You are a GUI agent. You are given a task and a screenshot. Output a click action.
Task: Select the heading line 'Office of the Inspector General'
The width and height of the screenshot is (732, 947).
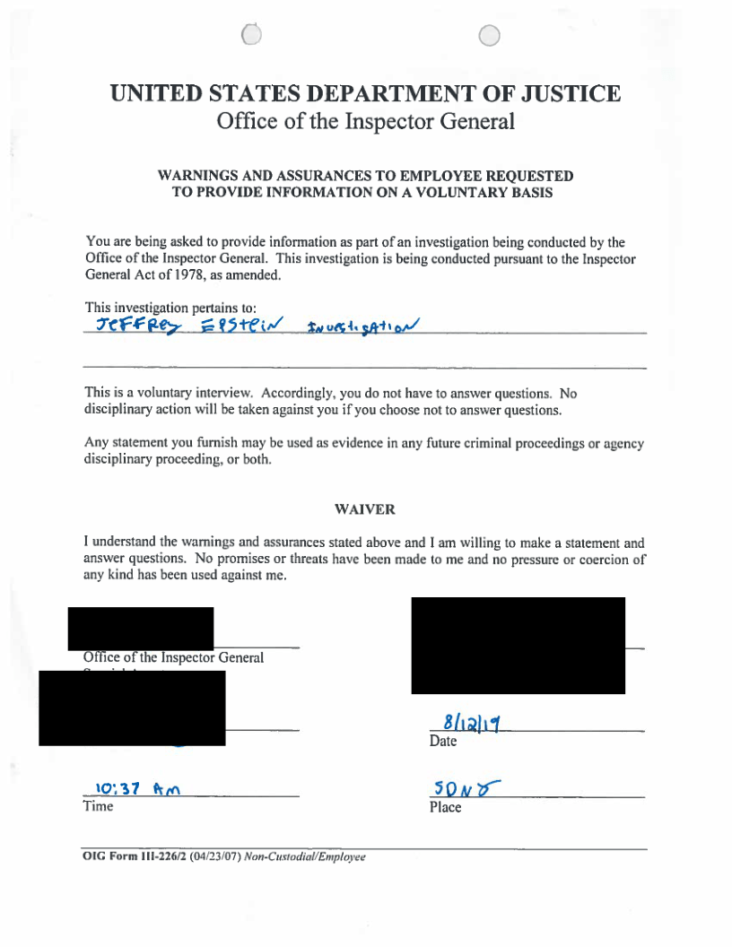[366, 121]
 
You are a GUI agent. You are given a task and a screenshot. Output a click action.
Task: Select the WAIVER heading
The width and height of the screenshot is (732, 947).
[365, 509]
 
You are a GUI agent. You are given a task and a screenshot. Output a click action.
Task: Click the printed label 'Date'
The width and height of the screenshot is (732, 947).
[443, 742]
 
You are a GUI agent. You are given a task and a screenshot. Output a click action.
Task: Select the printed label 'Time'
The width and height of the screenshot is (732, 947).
[98, 806]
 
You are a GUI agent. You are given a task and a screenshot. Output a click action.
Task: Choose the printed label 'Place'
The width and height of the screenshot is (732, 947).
[445, 807]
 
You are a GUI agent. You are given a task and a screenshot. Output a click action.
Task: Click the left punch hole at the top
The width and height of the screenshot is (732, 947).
[252, 34]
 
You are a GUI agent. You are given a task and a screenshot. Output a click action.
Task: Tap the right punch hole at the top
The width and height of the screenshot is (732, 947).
[489, 35]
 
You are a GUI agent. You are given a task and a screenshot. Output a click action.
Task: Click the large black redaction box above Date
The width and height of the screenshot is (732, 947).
[518, 645]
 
